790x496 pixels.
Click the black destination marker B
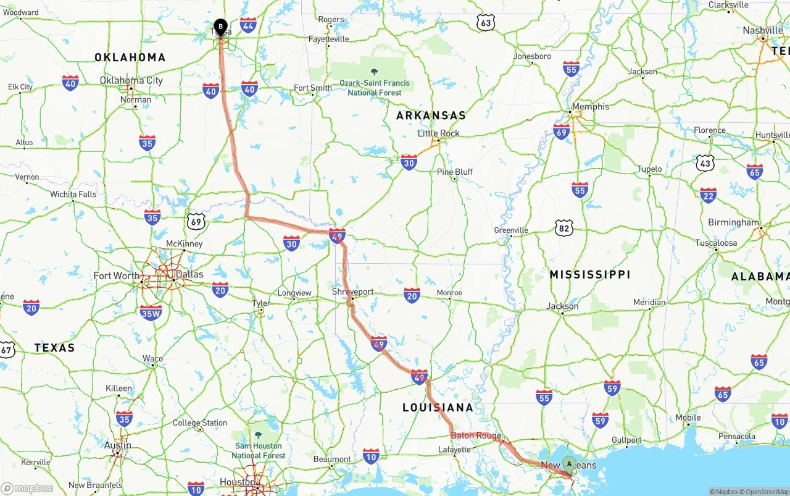(220, 27)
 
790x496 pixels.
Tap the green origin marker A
(569, 464)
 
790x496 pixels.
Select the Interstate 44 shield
(248, 25)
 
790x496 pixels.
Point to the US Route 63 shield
(486, 23)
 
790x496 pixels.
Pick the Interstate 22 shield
(708, 196)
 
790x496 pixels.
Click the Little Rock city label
(438, 133)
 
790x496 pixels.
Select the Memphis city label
(590, 107)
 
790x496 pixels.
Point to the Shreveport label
(352, 292)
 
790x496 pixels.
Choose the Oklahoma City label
(131, 80)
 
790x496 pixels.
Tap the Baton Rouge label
(476, 435)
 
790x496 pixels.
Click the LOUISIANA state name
(438, 408)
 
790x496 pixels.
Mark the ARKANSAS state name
(431, 116)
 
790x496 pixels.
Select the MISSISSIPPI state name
(589, 274)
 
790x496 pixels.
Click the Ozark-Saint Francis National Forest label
(375, 88)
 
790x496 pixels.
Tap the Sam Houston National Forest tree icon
(258, 435)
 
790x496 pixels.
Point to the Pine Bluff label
(455, 172)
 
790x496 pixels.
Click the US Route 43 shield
(705, 163)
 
